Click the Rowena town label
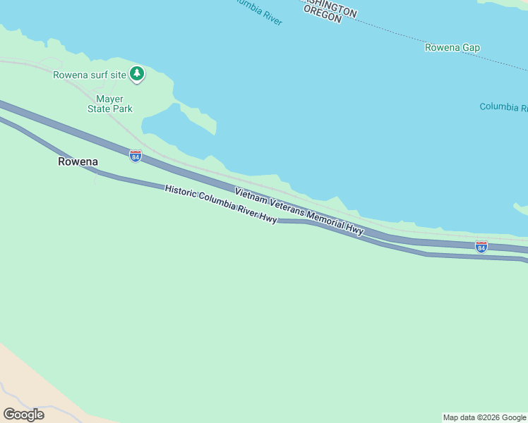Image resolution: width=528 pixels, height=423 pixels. point(78,161)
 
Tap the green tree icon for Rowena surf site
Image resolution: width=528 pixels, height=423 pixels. point(136,73)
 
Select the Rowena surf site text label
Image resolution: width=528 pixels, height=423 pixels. point(90,75)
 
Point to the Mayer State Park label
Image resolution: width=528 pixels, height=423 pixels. point(110,104)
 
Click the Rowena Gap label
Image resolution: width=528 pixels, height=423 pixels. point(452,48)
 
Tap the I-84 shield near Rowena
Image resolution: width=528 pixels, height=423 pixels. point(136,156)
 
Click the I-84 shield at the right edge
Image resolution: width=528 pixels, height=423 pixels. point(481,247)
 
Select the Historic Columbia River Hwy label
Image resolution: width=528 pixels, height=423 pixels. point(221,204)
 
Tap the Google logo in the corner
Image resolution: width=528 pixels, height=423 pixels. point(23,414)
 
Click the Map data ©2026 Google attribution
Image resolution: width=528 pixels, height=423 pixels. point(484,417)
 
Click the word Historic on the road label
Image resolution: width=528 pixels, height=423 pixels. point(180,192)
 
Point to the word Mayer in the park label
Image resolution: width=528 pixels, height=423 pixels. point(109,99)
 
